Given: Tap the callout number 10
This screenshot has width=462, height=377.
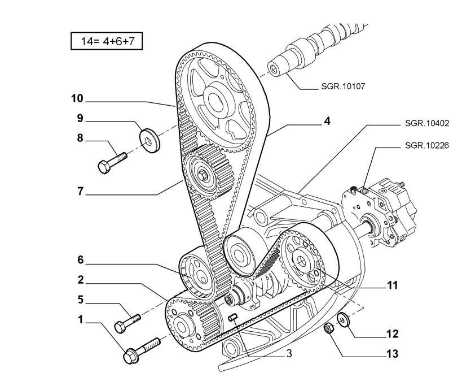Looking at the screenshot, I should (x=77, y=98).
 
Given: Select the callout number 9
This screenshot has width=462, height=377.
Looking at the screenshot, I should (x=80, y=118).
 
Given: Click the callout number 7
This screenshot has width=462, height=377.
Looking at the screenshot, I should (x=81, y=191).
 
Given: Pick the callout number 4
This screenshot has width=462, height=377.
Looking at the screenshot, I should (x=326, y=121).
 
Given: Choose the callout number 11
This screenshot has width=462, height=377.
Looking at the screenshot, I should (x=393, y=285).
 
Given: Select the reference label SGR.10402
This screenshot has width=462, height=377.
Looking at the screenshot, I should (x=427, y=123).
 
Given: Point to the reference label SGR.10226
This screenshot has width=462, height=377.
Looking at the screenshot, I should (x=427, y=145).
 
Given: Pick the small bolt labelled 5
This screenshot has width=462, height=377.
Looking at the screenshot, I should (x=127, y=322).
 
